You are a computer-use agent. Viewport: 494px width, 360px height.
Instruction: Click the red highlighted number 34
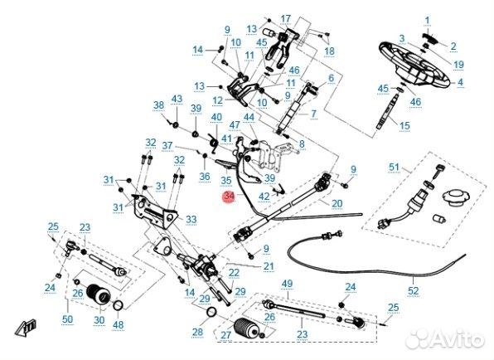click(x=229, y=196)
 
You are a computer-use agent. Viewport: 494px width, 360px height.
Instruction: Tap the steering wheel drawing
click(x=414, y=65)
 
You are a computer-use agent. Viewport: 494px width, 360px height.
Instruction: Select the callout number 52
click(x=413, y=290)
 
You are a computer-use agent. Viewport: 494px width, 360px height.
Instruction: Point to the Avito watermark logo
click(x=445, y=339)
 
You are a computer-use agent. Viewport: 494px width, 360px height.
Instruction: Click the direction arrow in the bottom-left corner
click(x=25, y=326)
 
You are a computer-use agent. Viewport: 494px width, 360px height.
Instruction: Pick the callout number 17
click(x=285, y=19)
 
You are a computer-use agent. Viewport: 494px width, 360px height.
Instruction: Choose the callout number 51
click(x=394, y=167)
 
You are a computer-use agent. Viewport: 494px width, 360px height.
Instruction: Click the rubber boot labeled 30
click(x=99, y=294)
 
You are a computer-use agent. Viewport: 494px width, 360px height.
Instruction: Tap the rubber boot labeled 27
click(x=248, y=329)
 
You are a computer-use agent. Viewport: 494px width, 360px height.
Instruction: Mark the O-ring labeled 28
click(x=211, y=313)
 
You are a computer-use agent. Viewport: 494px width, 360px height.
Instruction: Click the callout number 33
click(x=191, y=219)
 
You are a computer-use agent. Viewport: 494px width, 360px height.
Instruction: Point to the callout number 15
click(x=404, y=126)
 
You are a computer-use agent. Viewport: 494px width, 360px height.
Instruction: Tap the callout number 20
click(x=337, y=203)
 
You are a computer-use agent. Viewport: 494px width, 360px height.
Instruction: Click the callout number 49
click(x=287, y=284)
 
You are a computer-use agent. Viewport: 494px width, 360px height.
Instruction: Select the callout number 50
click(x=67, y=319)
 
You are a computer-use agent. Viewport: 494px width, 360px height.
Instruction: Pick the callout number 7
click(x=313, y=114)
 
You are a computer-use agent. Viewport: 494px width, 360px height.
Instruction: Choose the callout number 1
click(x=427, y=21)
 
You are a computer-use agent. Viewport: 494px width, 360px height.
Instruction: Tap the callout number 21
click(x=269, y=266)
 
